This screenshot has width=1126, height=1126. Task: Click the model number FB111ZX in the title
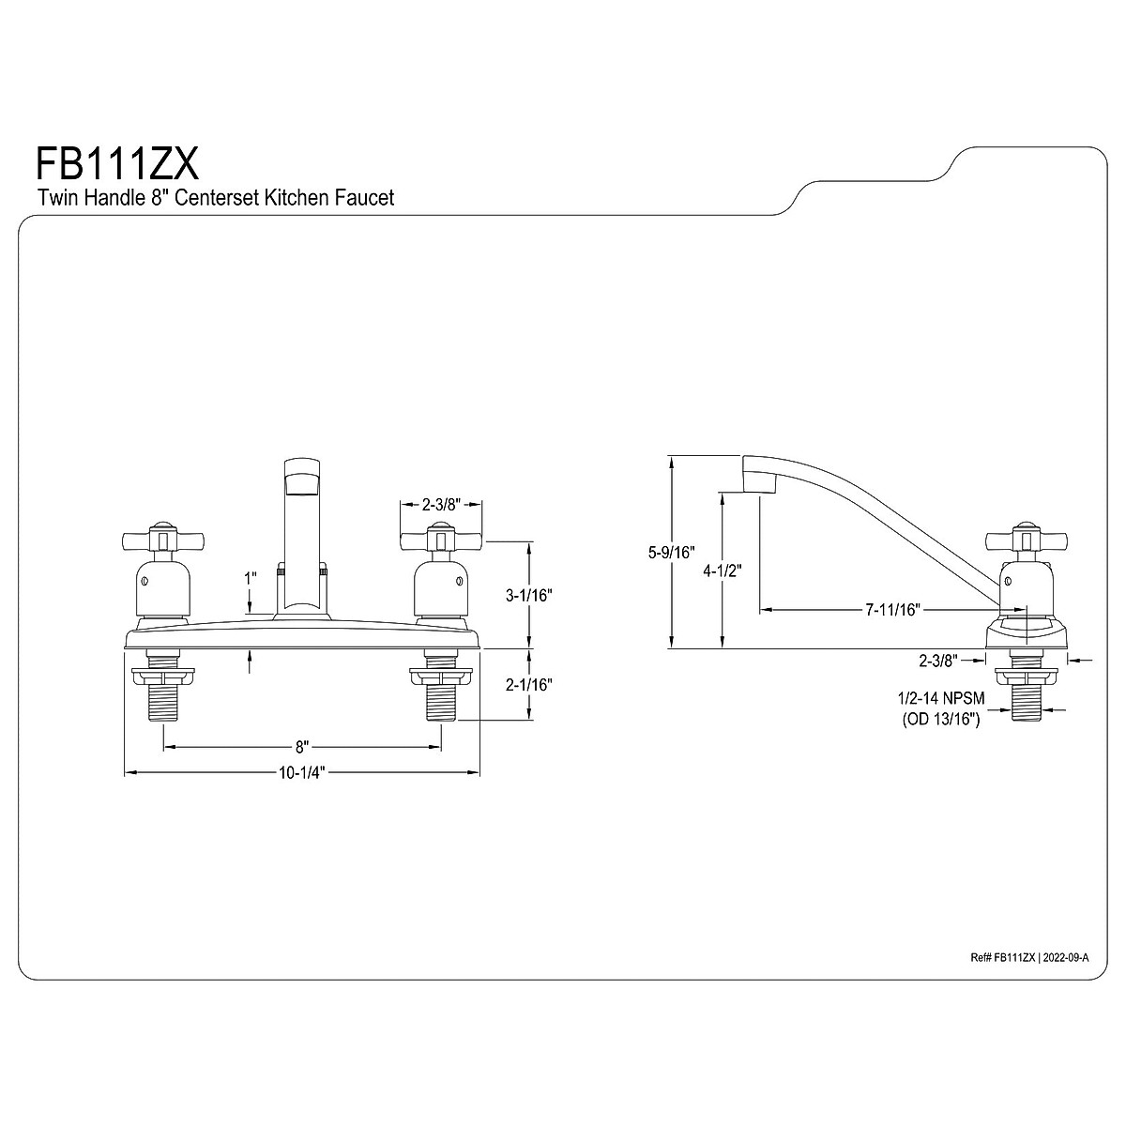117,164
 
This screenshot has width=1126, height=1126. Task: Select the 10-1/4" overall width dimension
302,773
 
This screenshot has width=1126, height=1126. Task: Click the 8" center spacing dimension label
302,747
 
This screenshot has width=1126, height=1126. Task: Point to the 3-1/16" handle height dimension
529,594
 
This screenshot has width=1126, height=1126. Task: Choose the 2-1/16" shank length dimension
529,685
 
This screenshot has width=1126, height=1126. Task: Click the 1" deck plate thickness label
250,579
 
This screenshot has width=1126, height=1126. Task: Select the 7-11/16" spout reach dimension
891,610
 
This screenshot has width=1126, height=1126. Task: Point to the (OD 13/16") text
941,720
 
